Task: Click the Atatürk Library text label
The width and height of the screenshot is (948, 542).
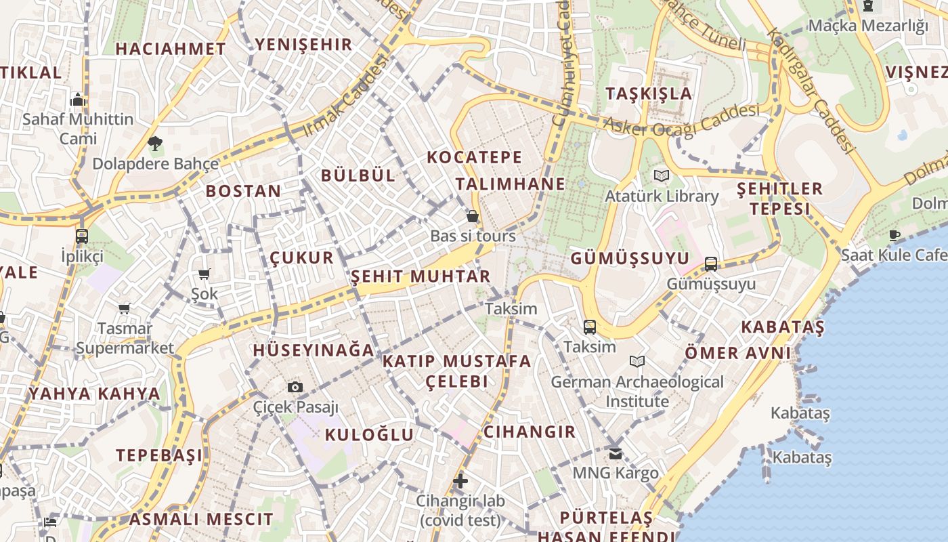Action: pos(662,196)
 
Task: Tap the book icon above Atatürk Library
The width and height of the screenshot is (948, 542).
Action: pos(662,176)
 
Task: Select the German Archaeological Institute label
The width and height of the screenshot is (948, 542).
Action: pos(637,392)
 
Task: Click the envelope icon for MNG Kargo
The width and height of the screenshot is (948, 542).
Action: pos(616,453)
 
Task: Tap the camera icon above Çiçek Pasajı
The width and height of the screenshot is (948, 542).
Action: pos(295,387)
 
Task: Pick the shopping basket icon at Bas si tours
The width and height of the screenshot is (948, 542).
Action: pos(473,216)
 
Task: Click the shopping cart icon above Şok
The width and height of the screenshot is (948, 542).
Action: pos(204,274)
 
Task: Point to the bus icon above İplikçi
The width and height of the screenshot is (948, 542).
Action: pos(82,236)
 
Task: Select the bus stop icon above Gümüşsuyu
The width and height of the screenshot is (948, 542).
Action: pos(711,264)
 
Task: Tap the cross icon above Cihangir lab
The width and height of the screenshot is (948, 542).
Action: pos(460,481)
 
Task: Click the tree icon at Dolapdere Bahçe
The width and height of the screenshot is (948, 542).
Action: pos(155,143)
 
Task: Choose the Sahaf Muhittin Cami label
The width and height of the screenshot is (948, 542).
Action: pos(78,129)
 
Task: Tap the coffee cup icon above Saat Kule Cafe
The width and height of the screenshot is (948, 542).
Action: pos(895,235)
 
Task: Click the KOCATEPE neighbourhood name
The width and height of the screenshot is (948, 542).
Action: pos(475,157)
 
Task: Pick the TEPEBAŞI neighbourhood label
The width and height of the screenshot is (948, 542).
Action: pos(158,455)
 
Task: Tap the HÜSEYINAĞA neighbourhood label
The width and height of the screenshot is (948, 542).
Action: pos(313,350)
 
